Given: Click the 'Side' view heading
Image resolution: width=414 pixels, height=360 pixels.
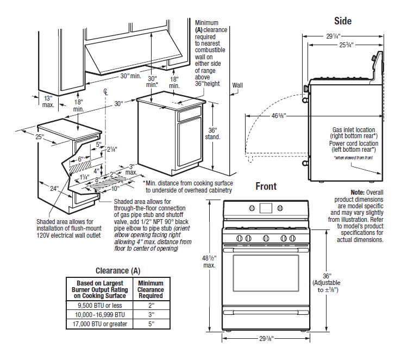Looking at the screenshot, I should tap(342, 21).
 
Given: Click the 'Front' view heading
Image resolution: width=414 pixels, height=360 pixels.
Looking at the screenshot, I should tap(266, 186).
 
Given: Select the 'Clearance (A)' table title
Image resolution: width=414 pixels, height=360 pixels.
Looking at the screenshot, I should tap(117, 271).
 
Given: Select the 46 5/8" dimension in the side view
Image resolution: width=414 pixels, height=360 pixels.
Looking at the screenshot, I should tap(278, 115).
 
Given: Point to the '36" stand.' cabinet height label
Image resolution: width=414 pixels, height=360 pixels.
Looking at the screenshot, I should tap(213, 134).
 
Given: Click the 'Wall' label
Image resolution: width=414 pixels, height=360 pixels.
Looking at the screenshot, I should tap(237, 85).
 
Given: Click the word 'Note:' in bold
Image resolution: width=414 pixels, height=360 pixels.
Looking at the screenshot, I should tap(357, 193).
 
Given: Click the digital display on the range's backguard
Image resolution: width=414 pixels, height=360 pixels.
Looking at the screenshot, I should tap(267, 207).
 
